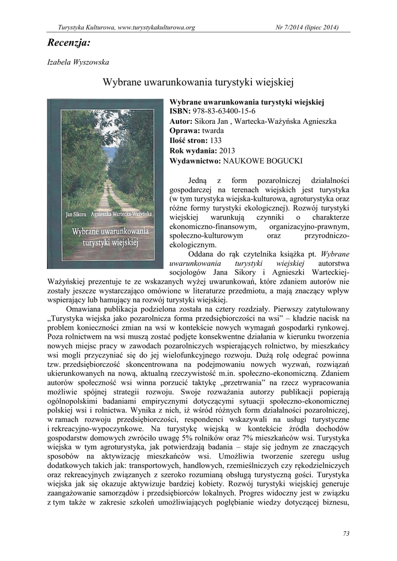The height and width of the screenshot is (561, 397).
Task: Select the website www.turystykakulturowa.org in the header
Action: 157,27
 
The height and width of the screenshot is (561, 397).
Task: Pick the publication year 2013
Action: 227,151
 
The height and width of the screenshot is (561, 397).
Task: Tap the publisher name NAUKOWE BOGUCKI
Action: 262,161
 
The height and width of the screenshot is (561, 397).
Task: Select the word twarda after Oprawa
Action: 212,131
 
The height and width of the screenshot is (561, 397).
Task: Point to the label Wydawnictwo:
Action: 194,161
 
